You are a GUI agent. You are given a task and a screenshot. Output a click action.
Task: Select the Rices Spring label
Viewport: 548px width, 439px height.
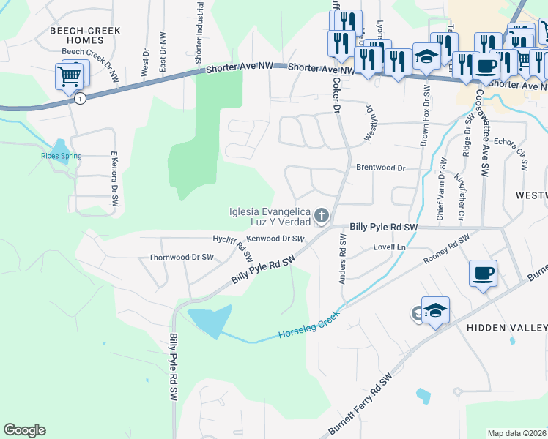tap(61, 155)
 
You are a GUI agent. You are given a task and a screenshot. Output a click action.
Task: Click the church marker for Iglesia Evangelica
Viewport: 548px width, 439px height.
tap(321, 215)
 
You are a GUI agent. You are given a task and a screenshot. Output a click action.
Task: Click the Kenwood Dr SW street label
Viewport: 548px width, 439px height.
tap(275, 239)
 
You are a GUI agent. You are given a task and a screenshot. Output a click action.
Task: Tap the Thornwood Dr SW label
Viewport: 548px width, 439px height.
tap(181, 258)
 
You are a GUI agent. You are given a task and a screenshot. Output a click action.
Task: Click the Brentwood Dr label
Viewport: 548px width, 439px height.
tap(380, 168)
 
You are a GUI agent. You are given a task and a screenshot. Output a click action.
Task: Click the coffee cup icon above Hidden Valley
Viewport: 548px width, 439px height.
tap(483, 274)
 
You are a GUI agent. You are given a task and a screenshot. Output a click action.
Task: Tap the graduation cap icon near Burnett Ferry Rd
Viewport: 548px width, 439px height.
tap(435, 310)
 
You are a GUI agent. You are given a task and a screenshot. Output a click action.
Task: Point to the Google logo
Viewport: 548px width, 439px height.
tap(24, 430)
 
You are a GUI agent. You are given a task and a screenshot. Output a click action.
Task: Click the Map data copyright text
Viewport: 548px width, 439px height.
tap(516, 433)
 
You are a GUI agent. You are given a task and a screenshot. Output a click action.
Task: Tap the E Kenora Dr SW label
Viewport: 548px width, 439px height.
tap(114, 173)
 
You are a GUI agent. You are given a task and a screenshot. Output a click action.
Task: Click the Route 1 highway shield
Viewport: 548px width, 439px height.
tap(79, 98)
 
